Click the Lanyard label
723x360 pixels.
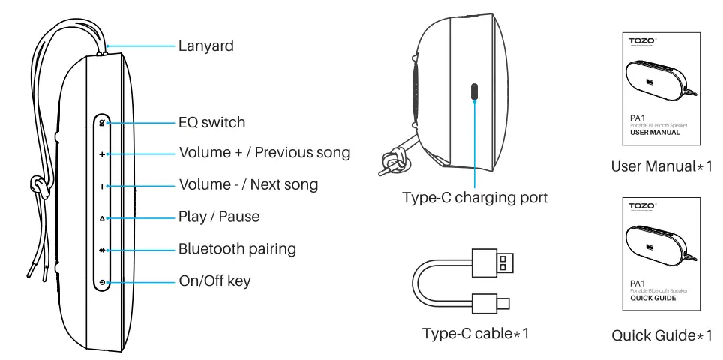pyautogui.click(x=206, y=46)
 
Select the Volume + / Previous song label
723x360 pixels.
pyautogui.click(x=265, y=154)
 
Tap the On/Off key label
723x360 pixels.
pyautogui.click(x=215, y=282)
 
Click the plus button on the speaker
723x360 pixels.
pyautogui.click(x=101, y=154)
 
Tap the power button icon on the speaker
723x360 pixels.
pyautogui.click(x=101, y=283)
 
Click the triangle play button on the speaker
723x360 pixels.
pyautogui.click(x=101, y=218)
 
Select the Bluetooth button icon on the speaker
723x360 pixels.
pyautogui.click(x=101, y=250)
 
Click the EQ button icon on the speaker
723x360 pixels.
pyautogui.click(x=101, y=121)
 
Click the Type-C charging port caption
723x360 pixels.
pyautogui.click(x=474, y=199)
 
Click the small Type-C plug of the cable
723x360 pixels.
pyautogui.click(x=499, y=304)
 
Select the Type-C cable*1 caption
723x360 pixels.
pyautogui.click(x=474, y=334)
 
